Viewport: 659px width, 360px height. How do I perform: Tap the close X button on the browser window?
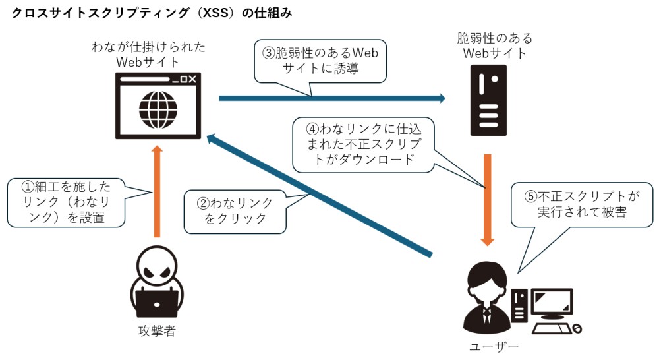pyautogui.click(x=192, y=80)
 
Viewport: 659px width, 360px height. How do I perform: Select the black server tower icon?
pyautogui.click(x=488, y=100)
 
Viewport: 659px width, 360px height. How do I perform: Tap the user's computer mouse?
pyautogui.click(x=577, y=328)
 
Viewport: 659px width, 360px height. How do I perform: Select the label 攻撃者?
pyautogui.click(x=157, y=332)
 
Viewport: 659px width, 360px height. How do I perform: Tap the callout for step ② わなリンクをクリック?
pyautogui.click(x=235, y=210)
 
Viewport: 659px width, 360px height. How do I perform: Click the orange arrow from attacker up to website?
pyautogui.click(x=157, y=191)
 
